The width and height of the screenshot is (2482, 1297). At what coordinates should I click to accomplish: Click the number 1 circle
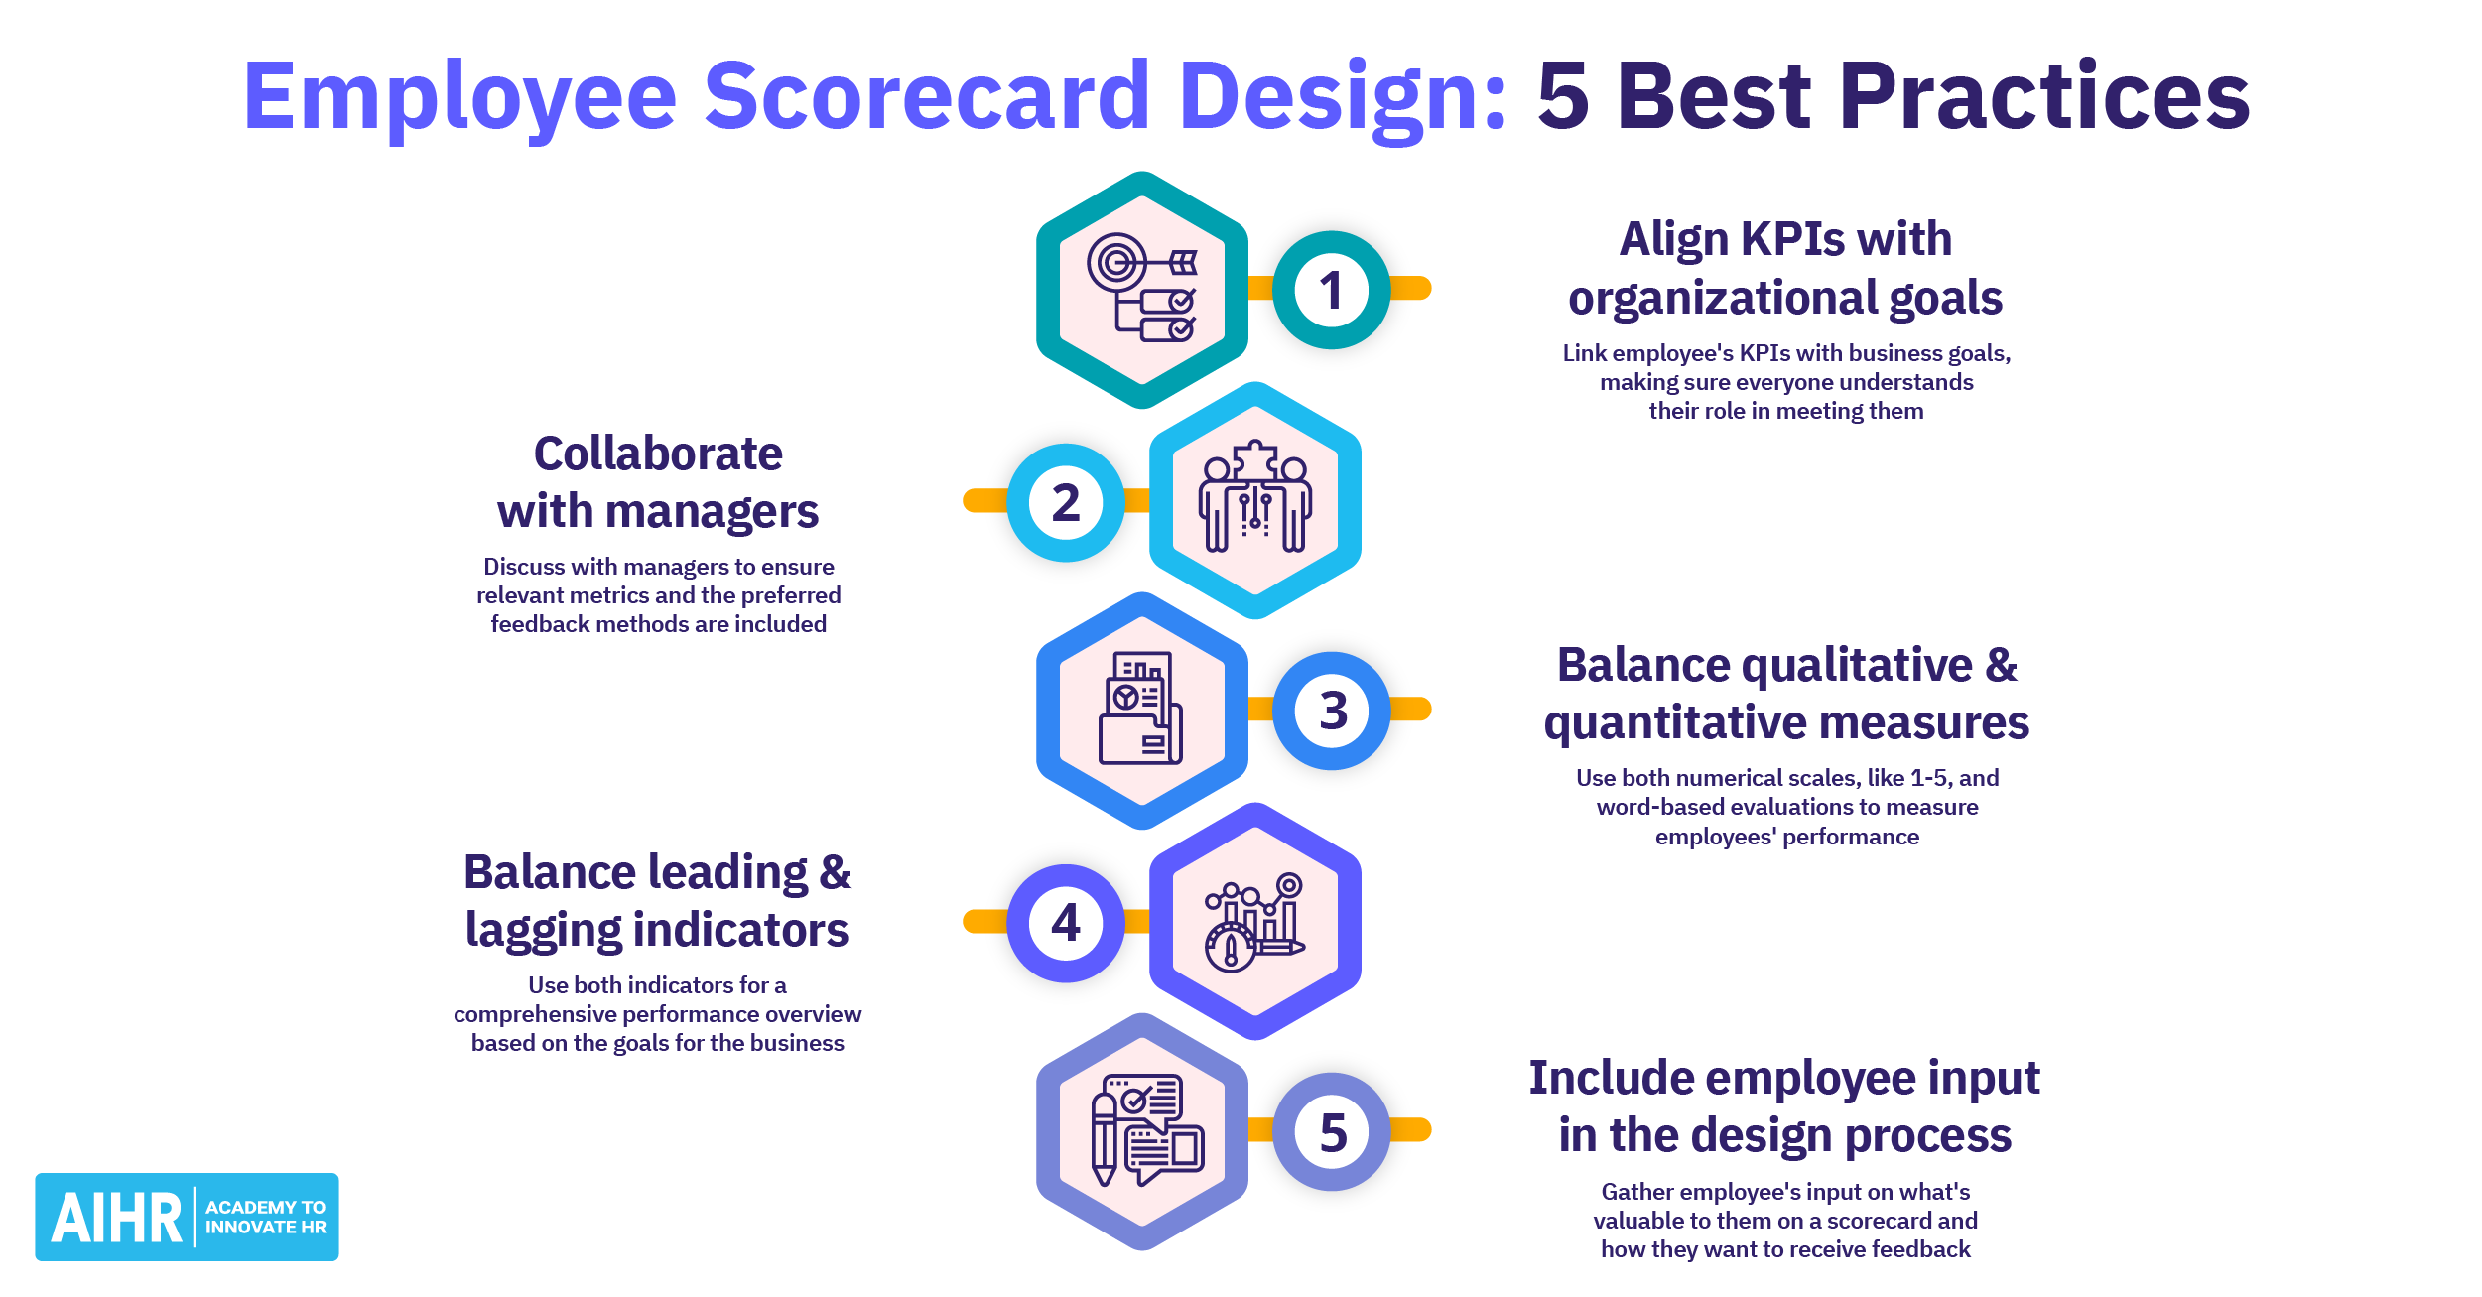point(1331,290)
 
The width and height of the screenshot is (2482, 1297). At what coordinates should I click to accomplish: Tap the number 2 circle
point(1066,502)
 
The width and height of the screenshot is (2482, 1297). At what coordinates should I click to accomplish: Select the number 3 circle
point(1333,711)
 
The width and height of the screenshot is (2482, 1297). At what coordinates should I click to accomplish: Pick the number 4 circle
point(1066,923)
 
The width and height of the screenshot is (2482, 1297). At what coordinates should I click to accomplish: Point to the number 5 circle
point(1333,1132)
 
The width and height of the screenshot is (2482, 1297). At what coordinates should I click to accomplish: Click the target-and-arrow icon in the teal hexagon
point(1142,289)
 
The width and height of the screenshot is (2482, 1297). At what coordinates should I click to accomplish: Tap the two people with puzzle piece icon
point(1255,499)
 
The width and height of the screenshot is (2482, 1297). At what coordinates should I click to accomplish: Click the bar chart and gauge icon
point(1254,922)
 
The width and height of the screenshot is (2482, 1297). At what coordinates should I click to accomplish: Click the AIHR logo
point(187,1217)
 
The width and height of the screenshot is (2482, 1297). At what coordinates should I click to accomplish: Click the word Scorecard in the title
point(927,96)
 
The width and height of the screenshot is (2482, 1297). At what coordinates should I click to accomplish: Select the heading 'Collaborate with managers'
point(658,482)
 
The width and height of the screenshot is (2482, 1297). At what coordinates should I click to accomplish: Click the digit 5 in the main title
point(1563,96)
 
